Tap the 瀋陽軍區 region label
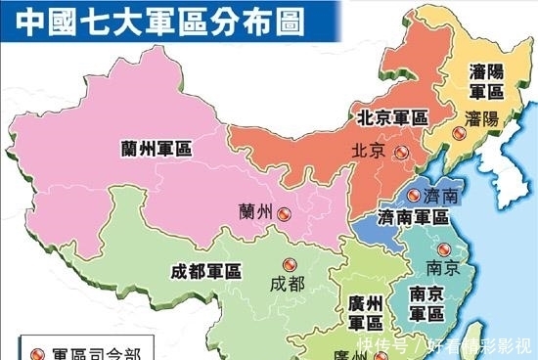point(485,82)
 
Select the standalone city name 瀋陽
point(484,118)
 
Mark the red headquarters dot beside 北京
point(402,152)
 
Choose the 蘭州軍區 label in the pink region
point(156,148)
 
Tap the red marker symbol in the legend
point(38,350)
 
